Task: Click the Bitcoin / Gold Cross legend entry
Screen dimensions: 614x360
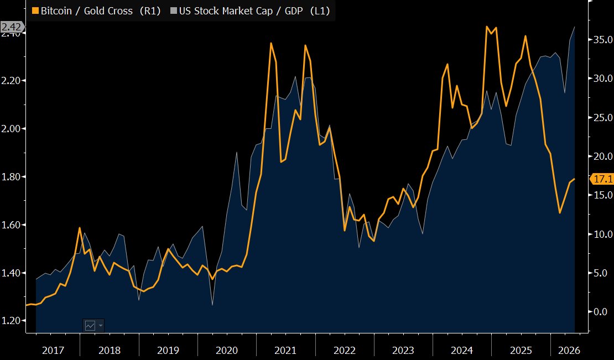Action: pos(96,11)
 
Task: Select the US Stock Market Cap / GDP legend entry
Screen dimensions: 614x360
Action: pos(250,11)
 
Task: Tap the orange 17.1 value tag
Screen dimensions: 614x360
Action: pos(602,179)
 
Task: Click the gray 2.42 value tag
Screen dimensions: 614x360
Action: pos(12,27)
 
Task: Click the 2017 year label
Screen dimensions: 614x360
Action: pos(53,350)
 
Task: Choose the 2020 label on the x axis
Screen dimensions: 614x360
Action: pos(227,350)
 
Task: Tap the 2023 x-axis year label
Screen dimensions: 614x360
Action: pos(403,350)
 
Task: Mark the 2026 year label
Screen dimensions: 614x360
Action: pos(569,350)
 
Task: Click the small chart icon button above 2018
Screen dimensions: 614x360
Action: pos(93,325)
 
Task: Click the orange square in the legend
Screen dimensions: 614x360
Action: pos(35,11)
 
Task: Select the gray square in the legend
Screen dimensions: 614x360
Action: pos(174,11)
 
